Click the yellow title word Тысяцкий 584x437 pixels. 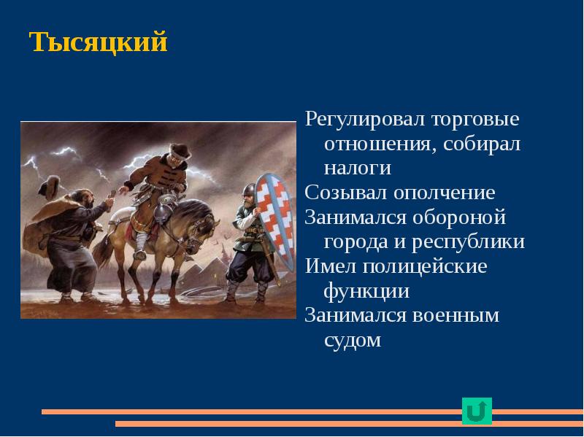click(99, 42)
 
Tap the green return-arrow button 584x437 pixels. click(477, 411)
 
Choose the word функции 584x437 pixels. click(366, 291)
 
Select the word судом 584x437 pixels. click(352, 340)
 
